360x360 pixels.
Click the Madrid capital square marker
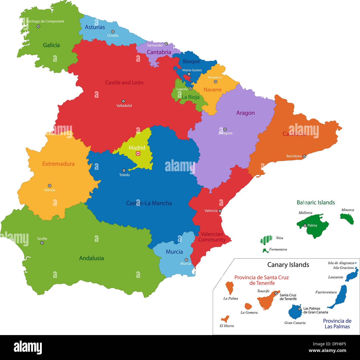pyautogui.click(x=138, y=154)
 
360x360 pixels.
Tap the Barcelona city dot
pyautogui.click(x=304, y=156)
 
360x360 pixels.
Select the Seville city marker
pyautogui.click(x=42, y=243)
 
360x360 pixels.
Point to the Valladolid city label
pyautogui.click(x=124, y=106)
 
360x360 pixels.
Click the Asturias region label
pyautogui.click(x=95, y=27)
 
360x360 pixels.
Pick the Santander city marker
pyautogui.click(x=166, y=44)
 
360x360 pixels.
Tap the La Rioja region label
pyautogui.click(x=191, y=97)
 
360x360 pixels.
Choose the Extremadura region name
pyautogui.click(x=58, y=164)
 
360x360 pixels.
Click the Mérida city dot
pyautogui.click(x=50, y=186)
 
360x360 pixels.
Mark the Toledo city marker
pyautogui.click(x=124, y=170)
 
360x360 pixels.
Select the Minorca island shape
pyautogui.click(x=347, y=219)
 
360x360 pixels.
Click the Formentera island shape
pyautogui.click(x=265, y=251)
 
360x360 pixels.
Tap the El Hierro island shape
pyautogui.click(x=225, y=319)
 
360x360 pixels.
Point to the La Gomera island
pyautogui.click(x=248, y=306)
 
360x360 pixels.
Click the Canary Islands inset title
pyautogui.click(x=288, y=265)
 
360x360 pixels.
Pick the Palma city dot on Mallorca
pyautogui.click(x=305, y=226)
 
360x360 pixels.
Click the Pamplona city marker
pyautogui.click(x=215, y=82)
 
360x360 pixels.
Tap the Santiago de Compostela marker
pyautogui.click(x=38, y=26)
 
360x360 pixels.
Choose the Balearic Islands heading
pyautogui.click(x=316, y=203)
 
